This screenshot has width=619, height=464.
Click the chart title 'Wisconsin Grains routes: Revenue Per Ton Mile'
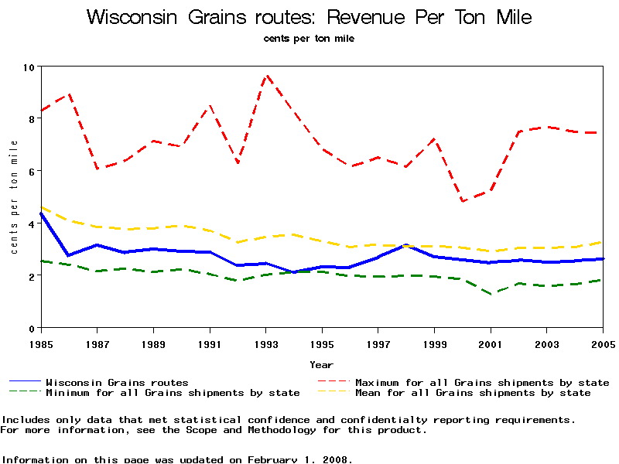[309, 17]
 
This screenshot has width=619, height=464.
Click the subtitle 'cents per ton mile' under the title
[309, 38]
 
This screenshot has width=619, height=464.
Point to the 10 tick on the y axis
[29, 67]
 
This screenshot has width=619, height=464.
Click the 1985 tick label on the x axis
[41, 343]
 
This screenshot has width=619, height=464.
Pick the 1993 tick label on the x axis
[266, 343]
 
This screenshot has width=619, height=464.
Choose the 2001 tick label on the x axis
[491, 343]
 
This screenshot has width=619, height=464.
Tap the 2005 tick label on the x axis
[603, 343]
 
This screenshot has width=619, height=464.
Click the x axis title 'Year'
[322, 364]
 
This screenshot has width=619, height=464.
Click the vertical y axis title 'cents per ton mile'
[14, 197]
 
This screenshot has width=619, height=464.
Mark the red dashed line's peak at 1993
[267, 76]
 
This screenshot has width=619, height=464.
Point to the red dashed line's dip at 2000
[463, 201]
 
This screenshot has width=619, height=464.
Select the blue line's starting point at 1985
[41, 213]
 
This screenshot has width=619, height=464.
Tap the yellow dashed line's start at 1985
[41, 207]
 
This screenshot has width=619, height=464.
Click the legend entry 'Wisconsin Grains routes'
[117, 382]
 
